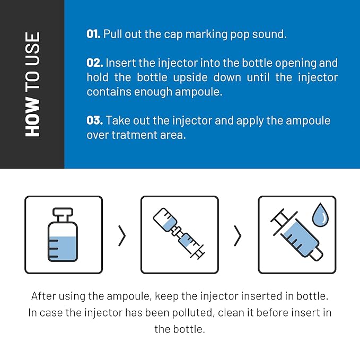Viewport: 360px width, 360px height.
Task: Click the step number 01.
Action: point(93,34)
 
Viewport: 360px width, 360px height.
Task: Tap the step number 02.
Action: point(94,63)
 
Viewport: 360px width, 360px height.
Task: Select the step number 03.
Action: point(94,120)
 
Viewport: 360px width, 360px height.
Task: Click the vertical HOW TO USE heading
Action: point(32,84)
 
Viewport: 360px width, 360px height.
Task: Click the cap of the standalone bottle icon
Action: point(63,212)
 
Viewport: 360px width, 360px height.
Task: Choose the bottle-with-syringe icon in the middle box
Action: point(179,235)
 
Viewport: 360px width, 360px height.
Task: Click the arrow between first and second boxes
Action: point(122,235)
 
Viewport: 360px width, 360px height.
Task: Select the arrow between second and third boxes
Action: point(238,235)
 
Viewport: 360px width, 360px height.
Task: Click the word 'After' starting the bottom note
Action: point(44,296)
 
